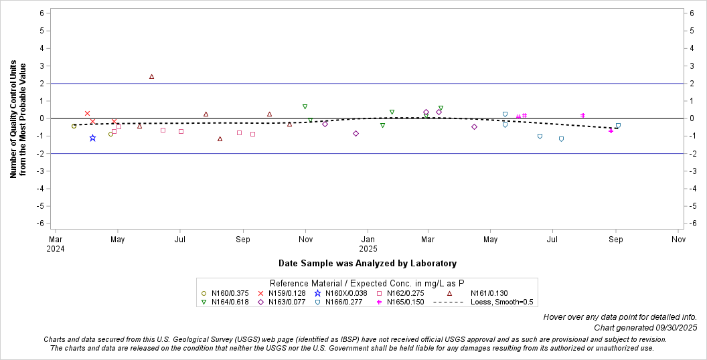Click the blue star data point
[92, 138]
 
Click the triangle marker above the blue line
[151, 77]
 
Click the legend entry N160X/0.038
[345, 292]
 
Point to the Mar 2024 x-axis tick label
[56, 243]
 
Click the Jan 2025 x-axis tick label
[368, 243]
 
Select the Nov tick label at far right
[678, 238]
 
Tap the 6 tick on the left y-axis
[42, 13]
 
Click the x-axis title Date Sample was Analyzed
[368, 264]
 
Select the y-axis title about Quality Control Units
[18, 120]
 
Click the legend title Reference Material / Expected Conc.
[367, 283]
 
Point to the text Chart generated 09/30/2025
[645, 328]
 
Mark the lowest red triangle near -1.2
[220, 139]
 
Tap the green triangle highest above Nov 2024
[305, 106]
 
